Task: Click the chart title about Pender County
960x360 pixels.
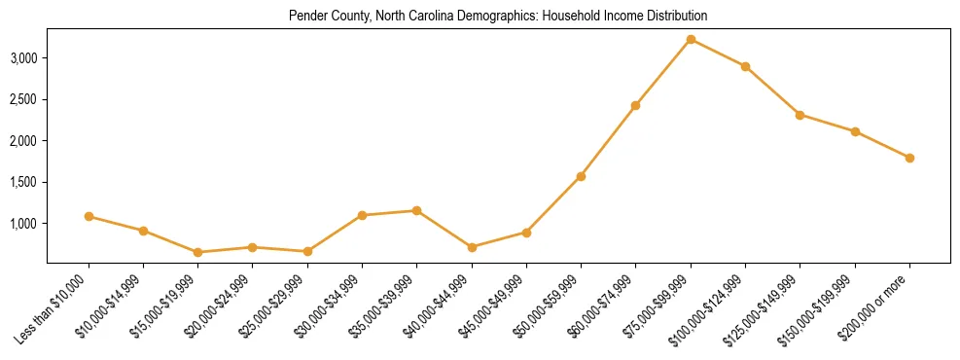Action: click(498, 17)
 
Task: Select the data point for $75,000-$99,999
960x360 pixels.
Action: click(691, 39)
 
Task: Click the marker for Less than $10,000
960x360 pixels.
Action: click(89, 216)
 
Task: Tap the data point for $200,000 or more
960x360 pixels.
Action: click(909, 158)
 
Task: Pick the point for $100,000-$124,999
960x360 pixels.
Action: click(745, 66)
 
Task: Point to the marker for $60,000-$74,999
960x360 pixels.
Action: click(635, 105)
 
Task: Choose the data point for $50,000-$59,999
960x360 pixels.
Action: click(581, 176)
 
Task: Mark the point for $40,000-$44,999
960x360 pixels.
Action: click(472, 247)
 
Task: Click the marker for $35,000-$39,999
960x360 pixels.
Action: click(416, 210)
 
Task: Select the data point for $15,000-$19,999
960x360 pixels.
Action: click(198, 252)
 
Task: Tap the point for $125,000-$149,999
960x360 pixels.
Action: click(800, 115)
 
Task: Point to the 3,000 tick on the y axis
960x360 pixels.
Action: click(23, 58)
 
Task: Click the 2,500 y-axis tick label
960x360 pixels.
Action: click(23, 99)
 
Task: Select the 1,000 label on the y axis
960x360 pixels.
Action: click(23, 224)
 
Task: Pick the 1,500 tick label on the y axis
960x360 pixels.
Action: click(23, 182)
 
